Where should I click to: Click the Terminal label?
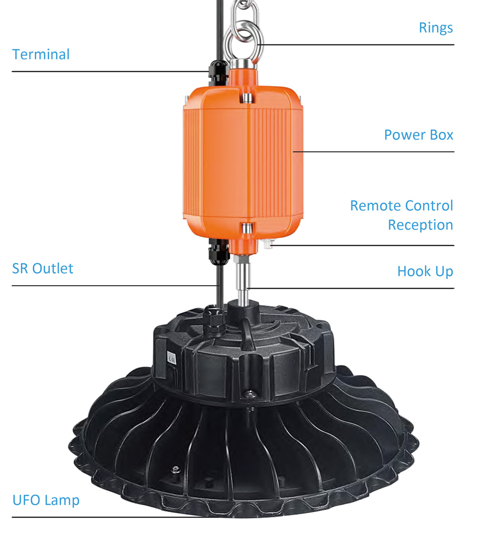click(41, 55)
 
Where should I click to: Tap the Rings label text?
click(436, 28)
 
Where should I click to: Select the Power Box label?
click(419, 135)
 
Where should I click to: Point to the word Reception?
click(420, 225)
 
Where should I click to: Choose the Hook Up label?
click(425, 271)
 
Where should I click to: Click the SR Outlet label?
click(43, 269)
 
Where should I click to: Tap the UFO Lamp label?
click(46, 500)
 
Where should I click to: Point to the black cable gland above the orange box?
click(218, 73)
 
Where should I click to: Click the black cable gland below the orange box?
click(219, 251)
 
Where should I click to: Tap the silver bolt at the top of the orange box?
click(247, 98)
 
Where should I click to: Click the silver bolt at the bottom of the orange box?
click(246, 228)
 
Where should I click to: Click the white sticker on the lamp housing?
click(171, 358)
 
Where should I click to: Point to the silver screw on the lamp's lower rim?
click(176, 469)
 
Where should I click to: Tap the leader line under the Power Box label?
click(373, 151)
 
